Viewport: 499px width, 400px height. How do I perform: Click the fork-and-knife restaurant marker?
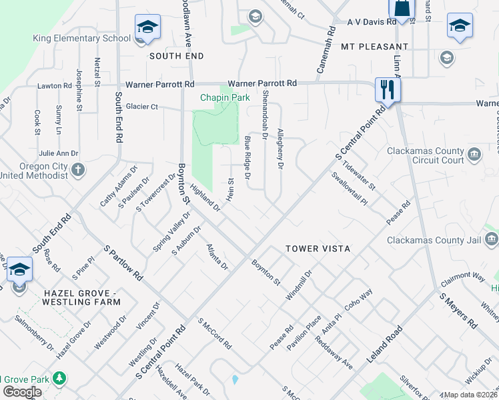point(387,90)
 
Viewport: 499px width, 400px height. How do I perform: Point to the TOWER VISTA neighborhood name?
point(318,249)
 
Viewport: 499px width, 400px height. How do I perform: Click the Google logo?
point(22,392)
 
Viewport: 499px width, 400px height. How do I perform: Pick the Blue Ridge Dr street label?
point(247,157)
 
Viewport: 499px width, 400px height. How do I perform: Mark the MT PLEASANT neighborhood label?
point(374,47)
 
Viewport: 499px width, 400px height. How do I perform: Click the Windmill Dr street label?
point(299,285)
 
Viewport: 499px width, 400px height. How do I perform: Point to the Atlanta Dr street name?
point(217,257)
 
